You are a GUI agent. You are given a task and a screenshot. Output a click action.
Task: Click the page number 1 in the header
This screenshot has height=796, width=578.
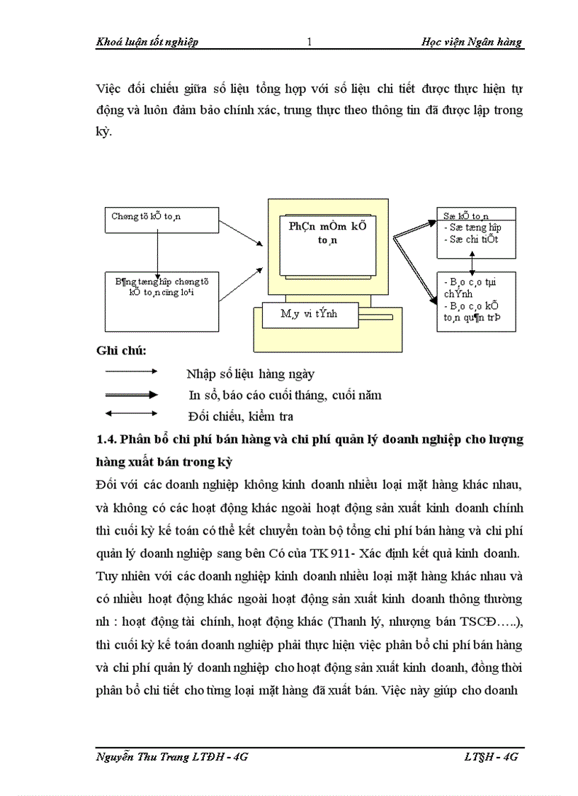click(310, 42)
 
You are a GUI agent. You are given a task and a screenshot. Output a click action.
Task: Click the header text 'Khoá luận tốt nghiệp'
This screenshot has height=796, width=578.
click(147, 42)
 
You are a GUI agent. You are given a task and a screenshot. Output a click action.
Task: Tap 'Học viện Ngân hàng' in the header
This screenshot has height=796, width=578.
click(471, 42)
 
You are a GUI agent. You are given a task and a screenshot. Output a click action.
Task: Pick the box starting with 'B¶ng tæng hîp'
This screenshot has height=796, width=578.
click(161, 291)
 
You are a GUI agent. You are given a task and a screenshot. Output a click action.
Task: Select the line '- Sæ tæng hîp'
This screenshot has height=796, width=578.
click(471, 228)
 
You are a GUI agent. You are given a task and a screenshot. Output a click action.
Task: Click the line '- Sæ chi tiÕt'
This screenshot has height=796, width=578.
click(471, 240)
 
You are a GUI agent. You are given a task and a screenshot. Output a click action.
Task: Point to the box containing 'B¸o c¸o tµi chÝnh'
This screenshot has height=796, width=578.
click(475, 301)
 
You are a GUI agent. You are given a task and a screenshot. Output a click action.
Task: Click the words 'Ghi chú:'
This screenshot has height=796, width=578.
click(121, 351)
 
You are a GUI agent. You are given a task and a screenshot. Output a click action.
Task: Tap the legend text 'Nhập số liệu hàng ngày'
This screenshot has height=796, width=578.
click(250, 374)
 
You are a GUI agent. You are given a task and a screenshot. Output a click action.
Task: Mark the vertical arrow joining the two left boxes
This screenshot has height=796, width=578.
click(157, 252)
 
